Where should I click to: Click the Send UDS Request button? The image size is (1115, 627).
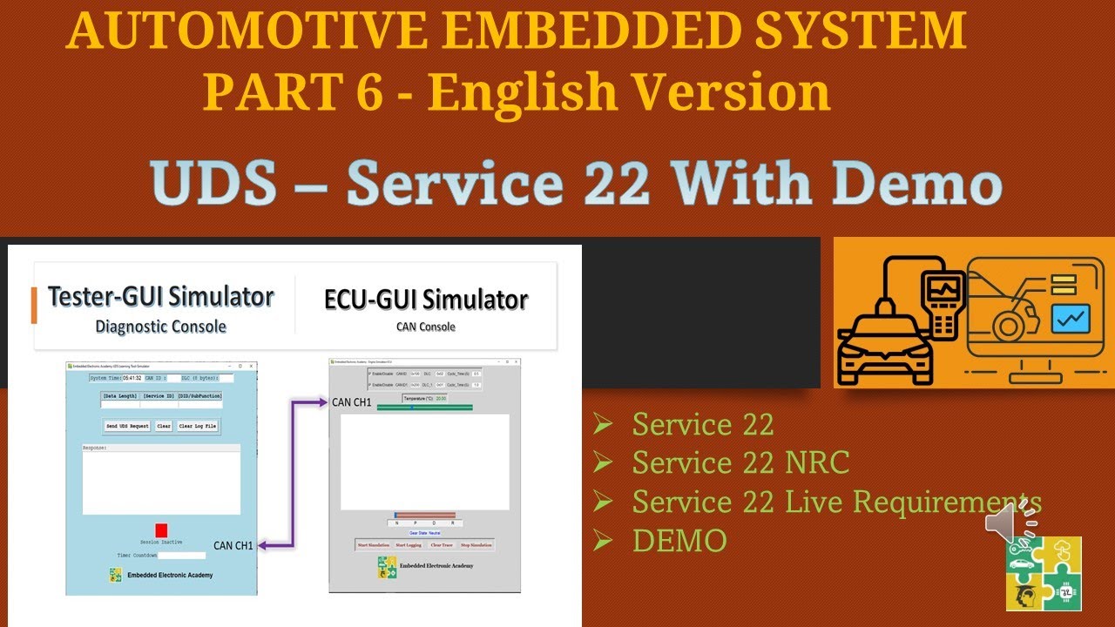click(x=127, y=426)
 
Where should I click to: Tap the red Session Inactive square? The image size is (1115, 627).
click(x=161, y=529)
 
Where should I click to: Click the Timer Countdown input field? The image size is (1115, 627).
click(x=182, y=555)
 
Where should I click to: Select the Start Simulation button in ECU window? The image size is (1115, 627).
click(x=373, y=545)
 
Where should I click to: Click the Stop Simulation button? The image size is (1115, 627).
click(x=476, y=545)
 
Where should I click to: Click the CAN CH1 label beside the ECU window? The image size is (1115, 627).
click(x=352, y=402)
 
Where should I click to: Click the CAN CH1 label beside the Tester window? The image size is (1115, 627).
click(x=233, y=545)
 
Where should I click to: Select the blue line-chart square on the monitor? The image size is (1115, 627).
click(x=1071, y=319)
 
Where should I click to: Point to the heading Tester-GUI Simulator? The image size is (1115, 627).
click(x=161, y=297)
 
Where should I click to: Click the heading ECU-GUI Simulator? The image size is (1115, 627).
click(x=426, y=300)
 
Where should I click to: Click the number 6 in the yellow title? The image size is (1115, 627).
click(x=368, y=92)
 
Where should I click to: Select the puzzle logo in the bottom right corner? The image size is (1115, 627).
click(x=1043, y=572)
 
